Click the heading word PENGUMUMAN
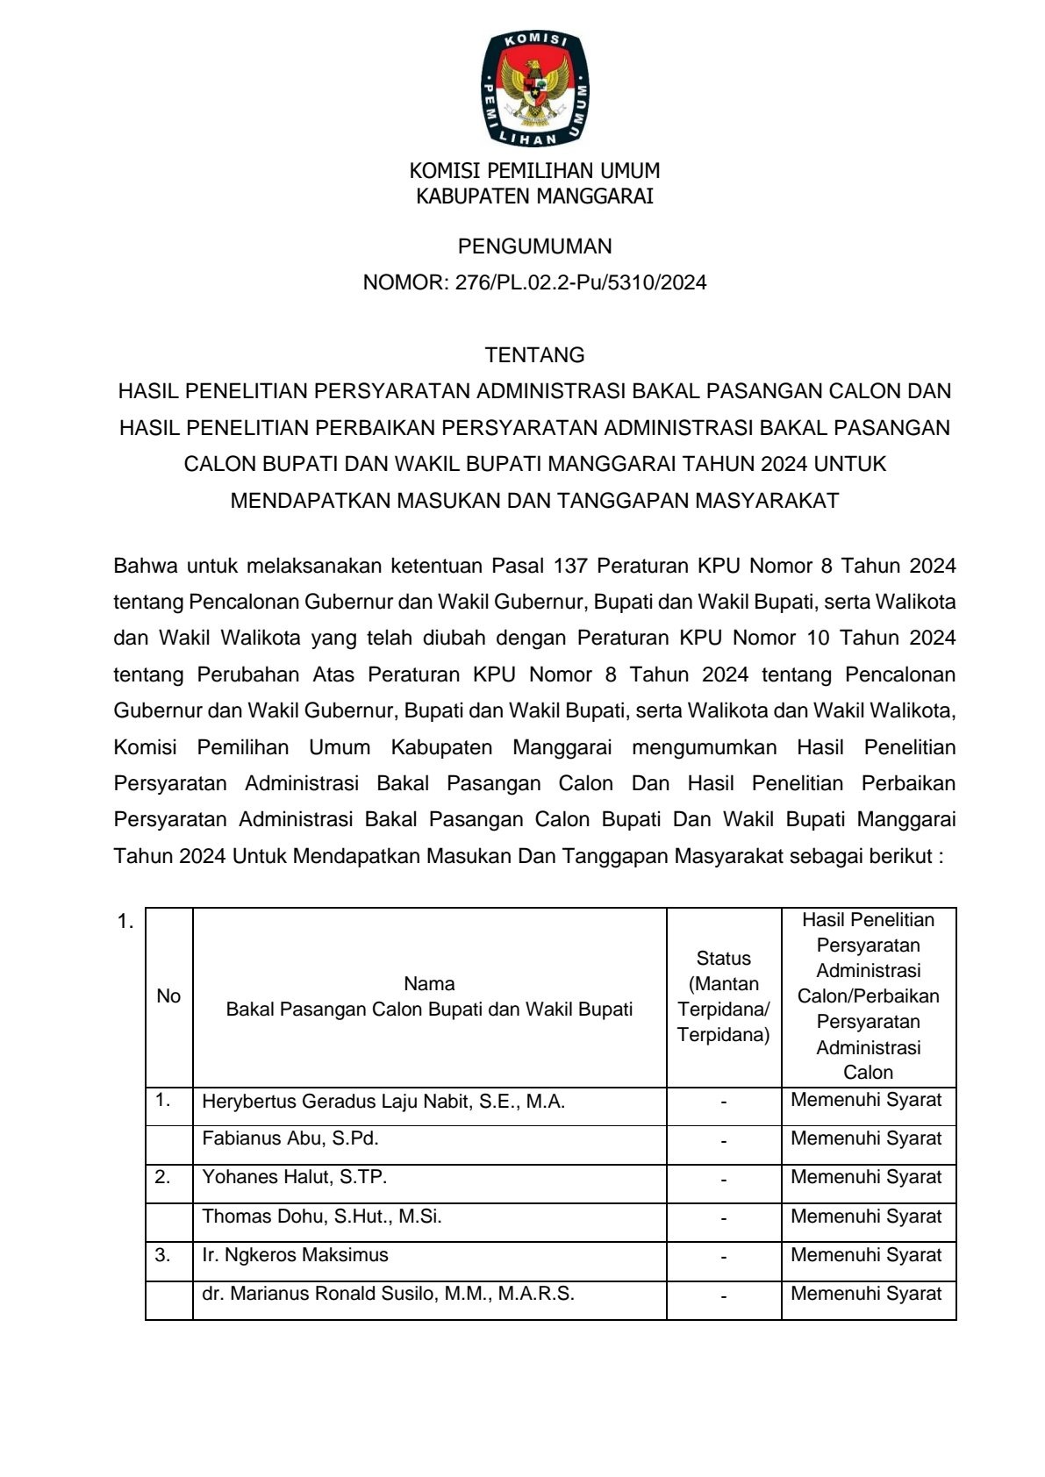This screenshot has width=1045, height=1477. click(x=534, y=246)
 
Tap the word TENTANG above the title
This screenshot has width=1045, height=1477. click(x=534, y=355)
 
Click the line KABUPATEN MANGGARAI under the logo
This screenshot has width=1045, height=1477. click(x=534, y=196)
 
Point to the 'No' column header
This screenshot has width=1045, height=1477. click(x=168, y=996)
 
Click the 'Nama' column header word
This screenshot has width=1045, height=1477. click(x=429, y=984)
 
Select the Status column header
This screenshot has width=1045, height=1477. click(x=723, y=959)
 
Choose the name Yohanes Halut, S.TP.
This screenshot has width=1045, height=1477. click(x=294, y=1178)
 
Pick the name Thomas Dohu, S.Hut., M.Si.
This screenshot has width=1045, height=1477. click(x=321, y=1217)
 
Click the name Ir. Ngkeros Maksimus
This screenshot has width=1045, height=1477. click(x=295, y=1255)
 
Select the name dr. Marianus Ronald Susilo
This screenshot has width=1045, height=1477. click(x=388, y=1294)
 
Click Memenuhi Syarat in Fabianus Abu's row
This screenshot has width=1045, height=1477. click(x=866, y=1139)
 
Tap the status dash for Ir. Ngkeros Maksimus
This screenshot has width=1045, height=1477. click(x=723, y=1258)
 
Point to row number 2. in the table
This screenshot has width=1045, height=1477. click(x=163, y=1177)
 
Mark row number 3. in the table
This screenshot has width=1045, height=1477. click(x=163, y=1255)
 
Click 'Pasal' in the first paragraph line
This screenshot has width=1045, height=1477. click(x=517, y=566)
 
